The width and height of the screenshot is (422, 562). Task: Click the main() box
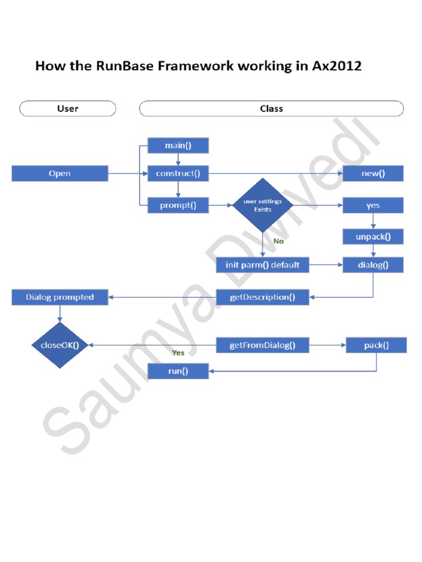point(178,145)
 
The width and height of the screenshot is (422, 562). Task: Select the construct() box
point(178,174)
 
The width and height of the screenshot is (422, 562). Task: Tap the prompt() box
point(178,206)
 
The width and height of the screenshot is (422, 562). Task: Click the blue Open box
point(59,174)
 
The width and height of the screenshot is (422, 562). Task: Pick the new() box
point(373,174)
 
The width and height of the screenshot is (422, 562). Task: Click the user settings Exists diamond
point(263,205)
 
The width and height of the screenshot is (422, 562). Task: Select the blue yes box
point(373,206)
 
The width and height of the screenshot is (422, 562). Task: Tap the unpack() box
point(373,237)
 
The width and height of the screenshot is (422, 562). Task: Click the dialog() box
point(373,265)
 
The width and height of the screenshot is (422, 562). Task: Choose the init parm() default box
point(262,265)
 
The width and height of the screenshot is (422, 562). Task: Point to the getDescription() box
point(262,297)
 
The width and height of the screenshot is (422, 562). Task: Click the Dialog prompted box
point(60,297)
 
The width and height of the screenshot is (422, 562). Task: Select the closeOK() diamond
point(60,345)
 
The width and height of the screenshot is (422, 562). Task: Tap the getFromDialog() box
point(262,345)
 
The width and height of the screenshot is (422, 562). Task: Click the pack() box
point(376,345)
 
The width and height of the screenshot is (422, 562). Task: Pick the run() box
point(178,372)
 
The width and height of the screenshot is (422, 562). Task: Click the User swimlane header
point(68,109)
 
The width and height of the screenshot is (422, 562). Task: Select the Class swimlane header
point(271,109)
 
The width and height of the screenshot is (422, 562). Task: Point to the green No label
point(279,241)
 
